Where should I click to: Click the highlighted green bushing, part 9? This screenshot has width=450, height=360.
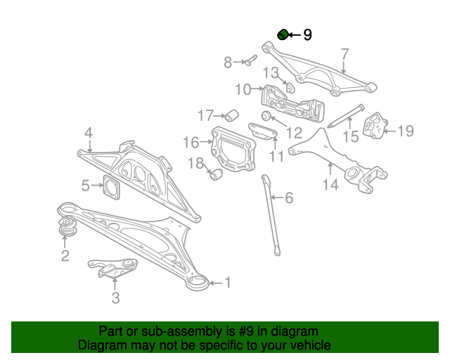tap(283, 34)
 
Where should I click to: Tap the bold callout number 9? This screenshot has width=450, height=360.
tap(307, 35)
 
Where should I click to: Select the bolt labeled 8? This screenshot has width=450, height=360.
tap(251, 60)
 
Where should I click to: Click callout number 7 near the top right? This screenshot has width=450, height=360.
tap(345, 55)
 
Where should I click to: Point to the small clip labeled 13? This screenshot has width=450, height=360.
tap(290, 87)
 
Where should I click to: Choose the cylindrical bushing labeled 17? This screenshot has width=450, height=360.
tap(231, 115)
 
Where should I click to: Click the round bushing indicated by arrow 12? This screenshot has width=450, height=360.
tap(266, 115)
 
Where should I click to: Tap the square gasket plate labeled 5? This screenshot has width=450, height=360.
tap(111, 187)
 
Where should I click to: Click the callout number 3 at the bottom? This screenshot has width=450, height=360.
tap(115, 297)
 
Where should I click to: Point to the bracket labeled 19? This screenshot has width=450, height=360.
tap(374, 125)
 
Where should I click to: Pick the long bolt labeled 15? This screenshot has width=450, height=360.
tap(346, 116)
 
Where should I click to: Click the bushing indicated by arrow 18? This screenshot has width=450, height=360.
tap(217, 174)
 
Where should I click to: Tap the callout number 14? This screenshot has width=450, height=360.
tap(330, 185)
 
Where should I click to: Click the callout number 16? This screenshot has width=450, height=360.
tap(191, 142)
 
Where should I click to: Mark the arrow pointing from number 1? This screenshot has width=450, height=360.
tap(216, 283)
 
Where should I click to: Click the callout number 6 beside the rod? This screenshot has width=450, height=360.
tap(289, 198)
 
